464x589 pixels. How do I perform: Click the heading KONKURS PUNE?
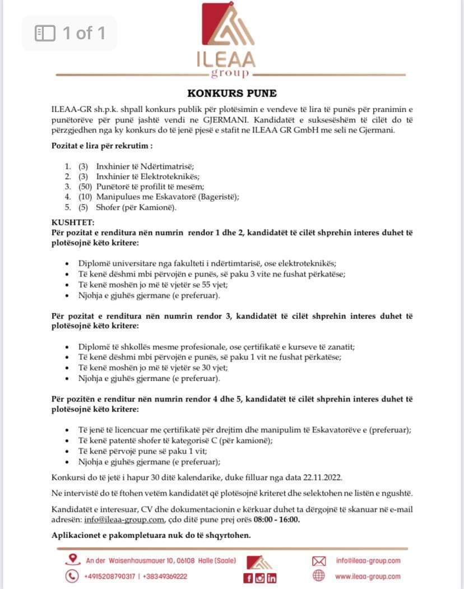coord(231,94)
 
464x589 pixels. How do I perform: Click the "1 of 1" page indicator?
coord(70,33)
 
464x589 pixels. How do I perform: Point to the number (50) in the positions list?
coord(85,187)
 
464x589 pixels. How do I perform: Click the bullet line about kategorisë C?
coord(175,440)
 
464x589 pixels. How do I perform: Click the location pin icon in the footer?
coord(72,559)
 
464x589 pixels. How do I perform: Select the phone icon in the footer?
coord(72,576)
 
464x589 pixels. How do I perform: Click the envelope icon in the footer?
coord(319,560)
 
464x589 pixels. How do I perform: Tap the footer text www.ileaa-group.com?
coord(368,576)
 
